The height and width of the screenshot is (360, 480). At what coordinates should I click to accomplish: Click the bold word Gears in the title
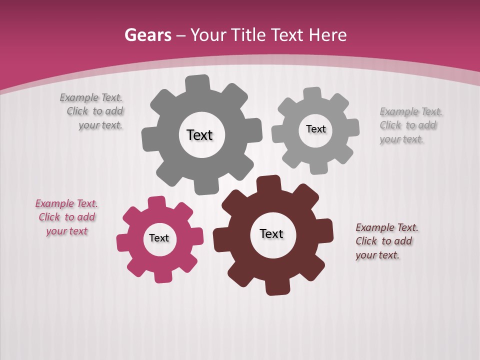147,35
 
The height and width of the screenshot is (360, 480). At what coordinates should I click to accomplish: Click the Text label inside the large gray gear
199,135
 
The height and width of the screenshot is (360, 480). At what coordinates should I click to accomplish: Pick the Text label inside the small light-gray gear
315,129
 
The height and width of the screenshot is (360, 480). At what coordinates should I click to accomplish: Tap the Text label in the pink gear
159,238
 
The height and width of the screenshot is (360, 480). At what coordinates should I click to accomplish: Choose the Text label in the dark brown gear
271,233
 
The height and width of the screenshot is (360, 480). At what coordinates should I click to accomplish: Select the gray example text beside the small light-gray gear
410,125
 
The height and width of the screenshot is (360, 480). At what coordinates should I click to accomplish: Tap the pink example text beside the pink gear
66,217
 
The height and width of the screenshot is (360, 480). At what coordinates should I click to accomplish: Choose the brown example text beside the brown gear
386,241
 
